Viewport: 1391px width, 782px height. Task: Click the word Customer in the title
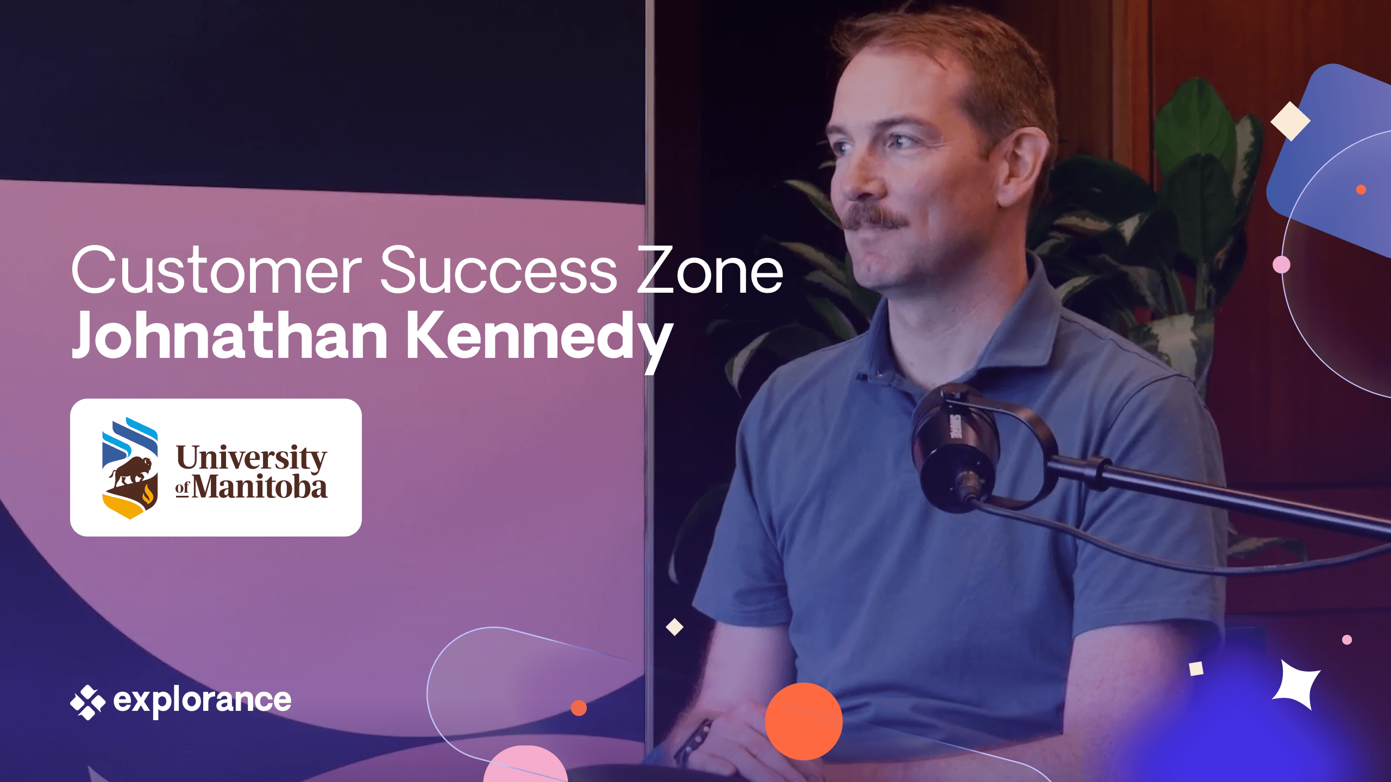click(x=216, y=270)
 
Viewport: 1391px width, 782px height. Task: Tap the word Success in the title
click(x=498, y=269)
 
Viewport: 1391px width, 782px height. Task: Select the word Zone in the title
click(x=710, y=269)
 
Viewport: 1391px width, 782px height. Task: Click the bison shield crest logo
click(x=130, y=468)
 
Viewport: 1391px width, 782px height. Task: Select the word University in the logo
click(x=252, y=458)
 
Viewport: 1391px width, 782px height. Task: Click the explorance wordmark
click(x=202, y=701)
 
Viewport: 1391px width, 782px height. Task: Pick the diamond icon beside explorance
click(x=87, y=702)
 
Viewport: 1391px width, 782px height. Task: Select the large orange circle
click(x=804, y=721)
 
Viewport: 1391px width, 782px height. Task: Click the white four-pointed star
click(x=1296, y=685)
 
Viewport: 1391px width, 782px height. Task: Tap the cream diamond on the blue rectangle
click(x=1290, y=121)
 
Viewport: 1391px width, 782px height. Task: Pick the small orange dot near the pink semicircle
click(x=579, y=708)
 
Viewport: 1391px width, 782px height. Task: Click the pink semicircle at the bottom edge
click(x=525, y=767)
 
